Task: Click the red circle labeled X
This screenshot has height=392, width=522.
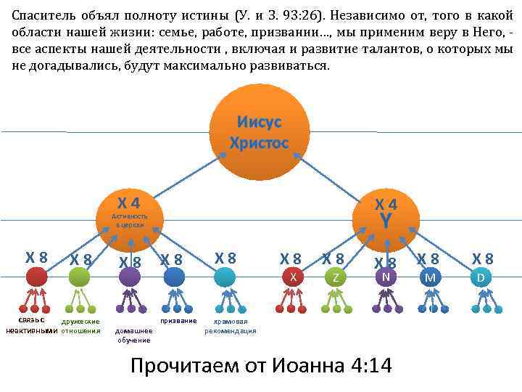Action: (291, 277)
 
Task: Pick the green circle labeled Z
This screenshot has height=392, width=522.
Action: (335, 277)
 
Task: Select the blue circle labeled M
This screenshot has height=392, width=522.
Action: (430, 277)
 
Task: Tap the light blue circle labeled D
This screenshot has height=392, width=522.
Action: (480, 277)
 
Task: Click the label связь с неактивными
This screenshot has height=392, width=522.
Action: (30, 325)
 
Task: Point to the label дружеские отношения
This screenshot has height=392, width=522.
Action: (80, 325)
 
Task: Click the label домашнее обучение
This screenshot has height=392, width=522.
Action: (133, 335)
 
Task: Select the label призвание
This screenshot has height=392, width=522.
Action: (178, 320)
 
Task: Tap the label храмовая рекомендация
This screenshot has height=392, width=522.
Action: (230, 326)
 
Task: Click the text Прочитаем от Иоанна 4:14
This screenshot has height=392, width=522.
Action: (260, 365)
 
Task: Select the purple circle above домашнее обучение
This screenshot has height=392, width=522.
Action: (130, 277)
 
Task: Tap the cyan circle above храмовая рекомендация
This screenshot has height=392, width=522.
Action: (225, 277)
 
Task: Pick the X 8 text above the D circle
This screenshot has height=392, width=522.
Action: (482, 258)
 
